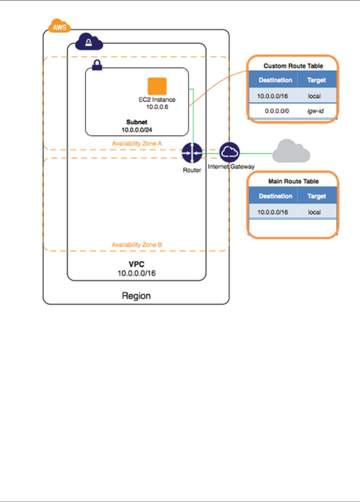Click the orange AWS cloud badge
pyautogui.click(x=60, y=27)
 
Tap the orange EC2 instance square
pyautogui.click(x=157, y=86)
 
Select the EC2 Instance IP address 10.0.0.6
pyautogui.click(x=157, y=107)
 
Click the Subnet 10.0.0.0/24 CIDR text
pyautogui.click(x=137, y=130)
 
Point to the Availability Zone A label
pyautogui.click(x=137, y=143)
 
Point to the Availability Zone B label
pyautogui.click(x=137, y=245)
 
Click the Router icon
pyautogui.click(x=192, y=153)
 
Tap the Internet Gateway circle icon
pyautogui.click(x=230, y=152)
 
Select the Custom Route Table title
pyautogui.click(x=293, y=66)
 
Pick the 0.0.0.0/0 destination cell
pyautogui.click(x=277, y=111)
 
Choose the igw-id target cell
pyautogui.click(x=316, y=111)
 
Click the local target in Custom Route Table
pyautogui.click(x=314, y=96)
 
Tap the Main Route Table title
pyautogui.click(x=293, y=182)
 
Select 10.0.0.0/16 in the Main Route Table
pyautogui.click(x=273, y=212)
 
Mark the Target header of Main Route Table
pyautogui.click(x=317, y=196)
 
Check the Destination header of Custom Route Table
pyautogui.click(x=275, y=80)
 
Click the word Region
pyautogui.click(x=136, y=296)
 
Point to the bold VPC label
pyautogui.click(x=136, y=265)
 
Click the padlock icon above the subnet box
pyautogui.click(x=97, y=65)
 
